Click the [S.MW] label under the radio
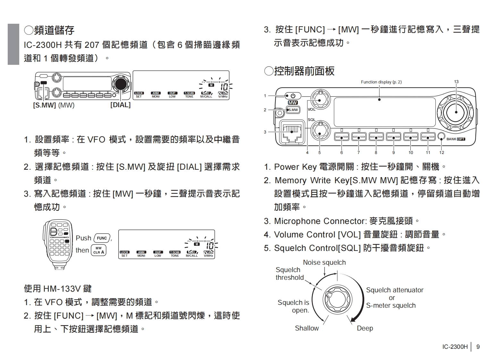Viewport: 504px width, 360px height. (45, 105)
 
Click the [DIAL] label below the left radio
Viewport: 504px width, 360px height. (120, 105)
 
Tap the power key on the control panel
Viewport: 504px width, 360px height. (293, 96)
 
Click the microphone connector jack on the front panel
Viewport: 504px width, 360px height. (292, 132)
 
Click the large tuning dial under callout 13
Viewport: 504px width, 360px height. (456, 111)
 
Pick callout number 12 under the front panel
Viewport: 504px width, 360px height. (441, 152)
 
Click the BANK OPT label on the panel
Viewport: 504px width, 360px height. (456, 139)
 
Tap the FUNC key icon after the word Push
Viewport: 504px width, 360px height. (102, 238)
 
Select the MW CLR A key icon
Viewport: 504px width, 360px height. (98, 250)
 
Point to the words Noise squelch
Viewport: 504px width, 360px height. (324, 262)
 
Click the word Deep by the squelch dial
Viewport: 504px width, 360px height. (365, 328)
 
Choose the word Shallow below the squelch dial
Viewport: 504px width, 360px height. (307, 328)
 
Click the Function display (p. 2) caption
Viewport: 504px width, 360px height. (381, 82)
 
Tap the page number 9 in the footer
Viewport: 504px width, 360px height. (478, 347)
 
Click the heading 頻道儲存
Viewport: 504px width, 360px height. (49, 30)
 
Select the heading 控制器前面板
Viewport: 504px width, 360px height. (299, 71)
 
